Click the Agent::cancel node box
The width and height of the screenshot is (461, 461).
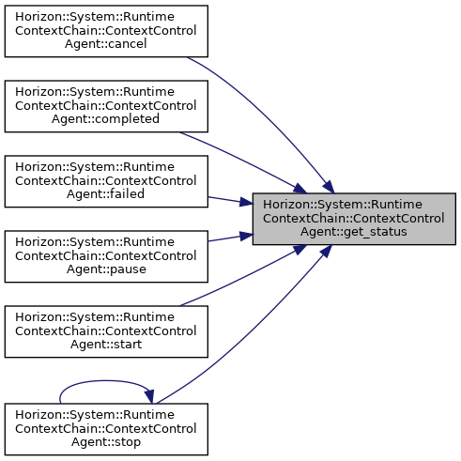click(x=106, y=31)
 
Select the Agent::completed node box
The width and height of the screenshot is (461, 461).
click(x=106, y=106)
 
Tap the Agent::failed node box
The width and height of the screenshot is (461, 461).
click(x=106, y=181)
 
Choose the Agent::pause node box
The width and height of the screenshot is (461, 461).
click(x=106, y=256)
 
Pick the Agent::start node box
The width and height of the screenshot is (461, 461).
click(x=106, y=331)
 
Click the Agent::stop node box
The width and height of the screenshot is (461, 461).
click(x=106, y=429)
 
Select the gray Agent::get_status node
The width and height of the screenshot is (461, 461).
click(x=354, y=219)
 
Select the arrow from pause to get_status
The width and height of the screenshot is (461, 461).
click(x=231, y=238)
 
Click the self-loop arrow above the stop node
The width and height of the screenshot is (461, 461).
click(x=106, y=381)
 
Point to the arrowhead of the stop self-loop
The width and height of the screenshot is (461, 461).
click(x=149, y=396)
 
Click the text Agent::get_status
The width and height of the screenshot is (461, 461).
click(x=354, y=232)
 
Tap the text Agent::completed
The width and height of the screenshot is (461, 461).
click(x=105, y=119)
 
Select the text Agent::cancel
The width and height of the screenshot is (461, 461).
click(x=106, y=44)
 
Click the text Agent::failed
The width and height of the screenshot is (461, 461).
click(x=105, y=194)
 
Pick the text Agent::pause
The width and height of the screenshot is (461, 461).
click(x=106, y=269)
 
